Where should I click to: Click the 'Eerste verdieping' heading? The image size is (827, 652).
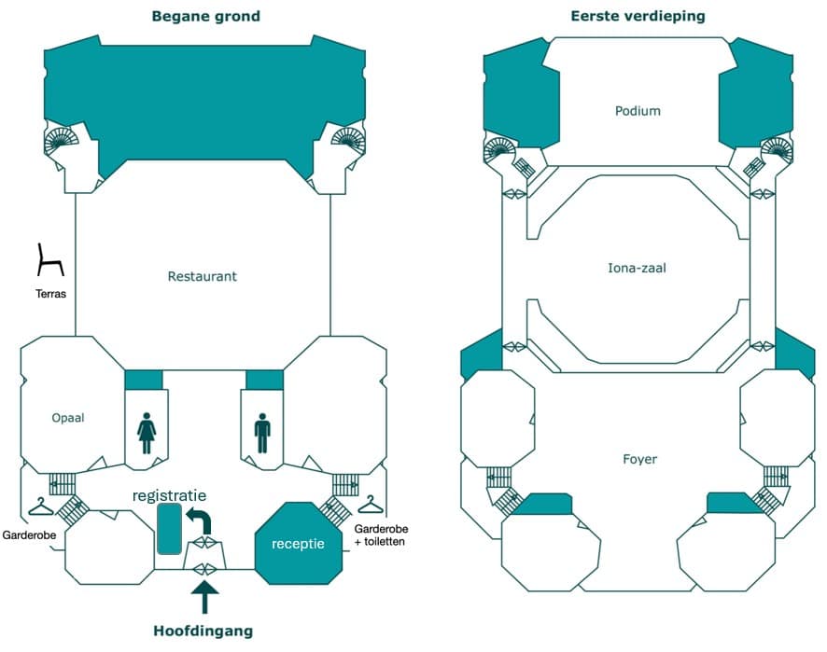638,16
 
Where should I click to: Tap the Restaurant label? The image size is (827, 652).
203,276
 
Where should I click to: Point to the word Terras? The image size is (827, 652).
49,293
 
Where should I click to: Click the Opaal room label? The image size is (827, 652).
68,418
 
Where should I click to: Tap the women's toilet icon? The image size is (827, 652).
147,434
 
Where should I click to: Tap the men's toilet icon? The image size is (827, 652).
262,434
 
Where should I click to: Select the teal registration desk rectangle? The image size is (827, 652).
170,529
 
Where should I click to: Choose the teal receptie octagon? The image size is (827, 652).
298,543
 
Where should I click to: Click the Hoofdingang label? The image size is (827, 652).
203,631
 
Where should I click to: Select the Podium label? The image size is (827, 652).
638,111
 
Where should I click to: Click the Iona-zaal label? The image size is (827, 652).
638,269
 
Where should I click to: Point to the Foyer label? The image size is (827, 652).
639,459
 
